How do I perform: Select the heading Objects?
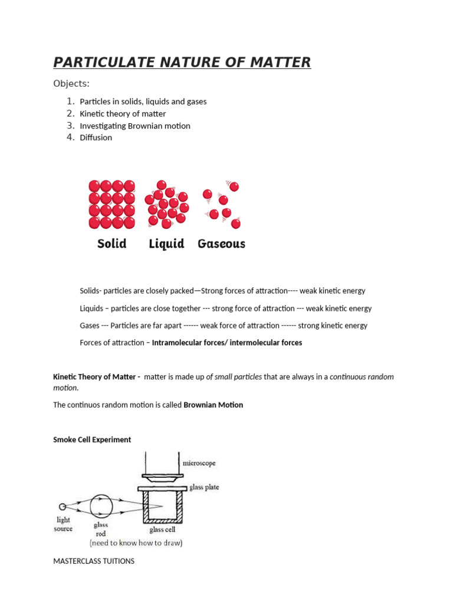(x=71, y=83)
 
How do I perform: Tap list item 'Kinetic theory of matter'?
(x=123, y=114)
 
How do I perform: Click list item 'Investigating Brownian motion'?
(x=135, y=126)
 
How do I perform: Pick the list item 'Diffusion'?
(x=96, y=137)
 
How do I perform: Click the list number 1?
(x=70, y=101)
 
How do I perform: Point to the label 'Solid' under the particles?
(x=111, y=244)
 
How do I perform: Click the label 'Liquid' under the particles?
(x=166, y=244)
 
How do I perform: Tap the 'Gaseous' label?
(x=221, y=244)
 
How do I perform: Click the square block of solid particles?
(x=111, y=204)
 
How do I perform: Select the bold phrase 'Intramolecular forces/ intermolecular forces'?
(x=227, y=343)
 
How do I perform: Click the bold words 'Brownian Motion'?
(x=213, y=405)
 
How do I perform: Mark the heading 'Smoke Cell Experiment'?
(x=92, y=440)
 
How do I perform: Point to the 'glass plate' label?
(x=203, y=488)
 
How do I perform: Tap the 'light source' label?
(x=63, y=524)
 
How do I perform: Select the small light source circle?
(x=63, y=506)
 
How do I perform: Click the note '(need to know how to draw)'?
(x=136, y=543)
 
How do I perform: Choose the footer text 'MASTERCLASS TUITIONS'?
(x=94, y=561)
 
